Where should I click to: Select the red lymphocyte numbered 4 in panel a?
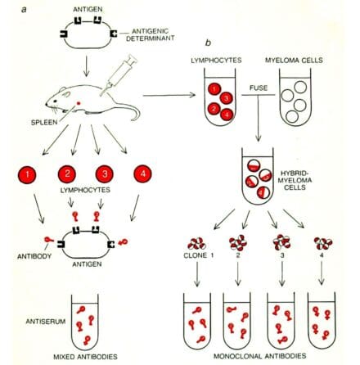(x=141, y=174)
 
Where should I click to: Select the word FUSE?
(x=256, y=100)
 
